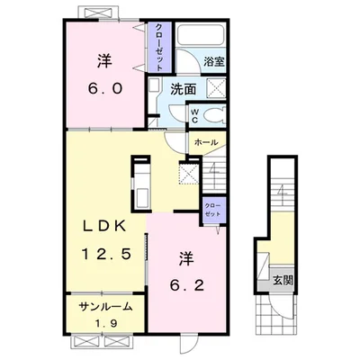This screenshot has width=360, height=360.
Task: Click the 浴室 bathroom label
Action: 214,62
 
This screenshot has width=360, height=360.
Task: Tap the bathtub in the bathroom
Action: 201,34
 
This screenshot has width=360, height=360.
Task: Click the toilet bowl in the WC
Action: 213,115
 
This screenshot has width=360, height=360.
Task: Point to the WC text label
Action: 194,116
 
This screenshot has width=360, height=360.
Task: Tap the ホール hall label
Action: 206,142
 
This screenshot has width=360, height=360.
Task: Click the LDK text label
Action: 103,227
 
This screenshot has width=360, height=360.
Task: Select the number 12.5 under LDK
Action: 107,255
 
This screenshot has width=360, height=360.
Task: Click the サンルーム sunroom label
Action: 105,306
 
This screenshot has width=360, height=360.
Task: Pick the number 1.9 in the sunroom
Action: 106,323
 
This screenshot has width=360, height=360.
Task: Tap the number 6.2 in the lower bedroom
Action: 187,285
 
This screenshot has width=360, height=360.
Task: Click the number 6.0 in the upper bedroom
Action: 104,88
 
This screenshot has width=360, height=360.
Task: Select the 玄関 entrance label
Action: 283,281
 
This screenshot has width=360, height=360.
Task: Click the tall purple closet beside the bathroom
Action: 158,47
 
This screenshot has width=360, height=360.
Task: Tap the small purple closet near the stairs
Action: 213,210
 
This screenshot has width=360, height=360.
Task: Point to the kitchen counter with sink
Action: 141,183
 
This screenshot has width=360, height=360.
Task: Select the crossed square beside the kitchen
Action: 189,174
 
